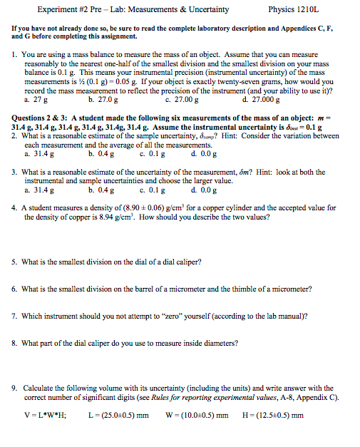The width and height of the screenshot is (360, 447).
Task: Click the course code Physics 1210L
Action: [x=294, y=10]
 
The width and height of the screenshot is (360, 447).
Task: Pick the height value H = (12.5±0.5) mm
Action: [x=273, y=416]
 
